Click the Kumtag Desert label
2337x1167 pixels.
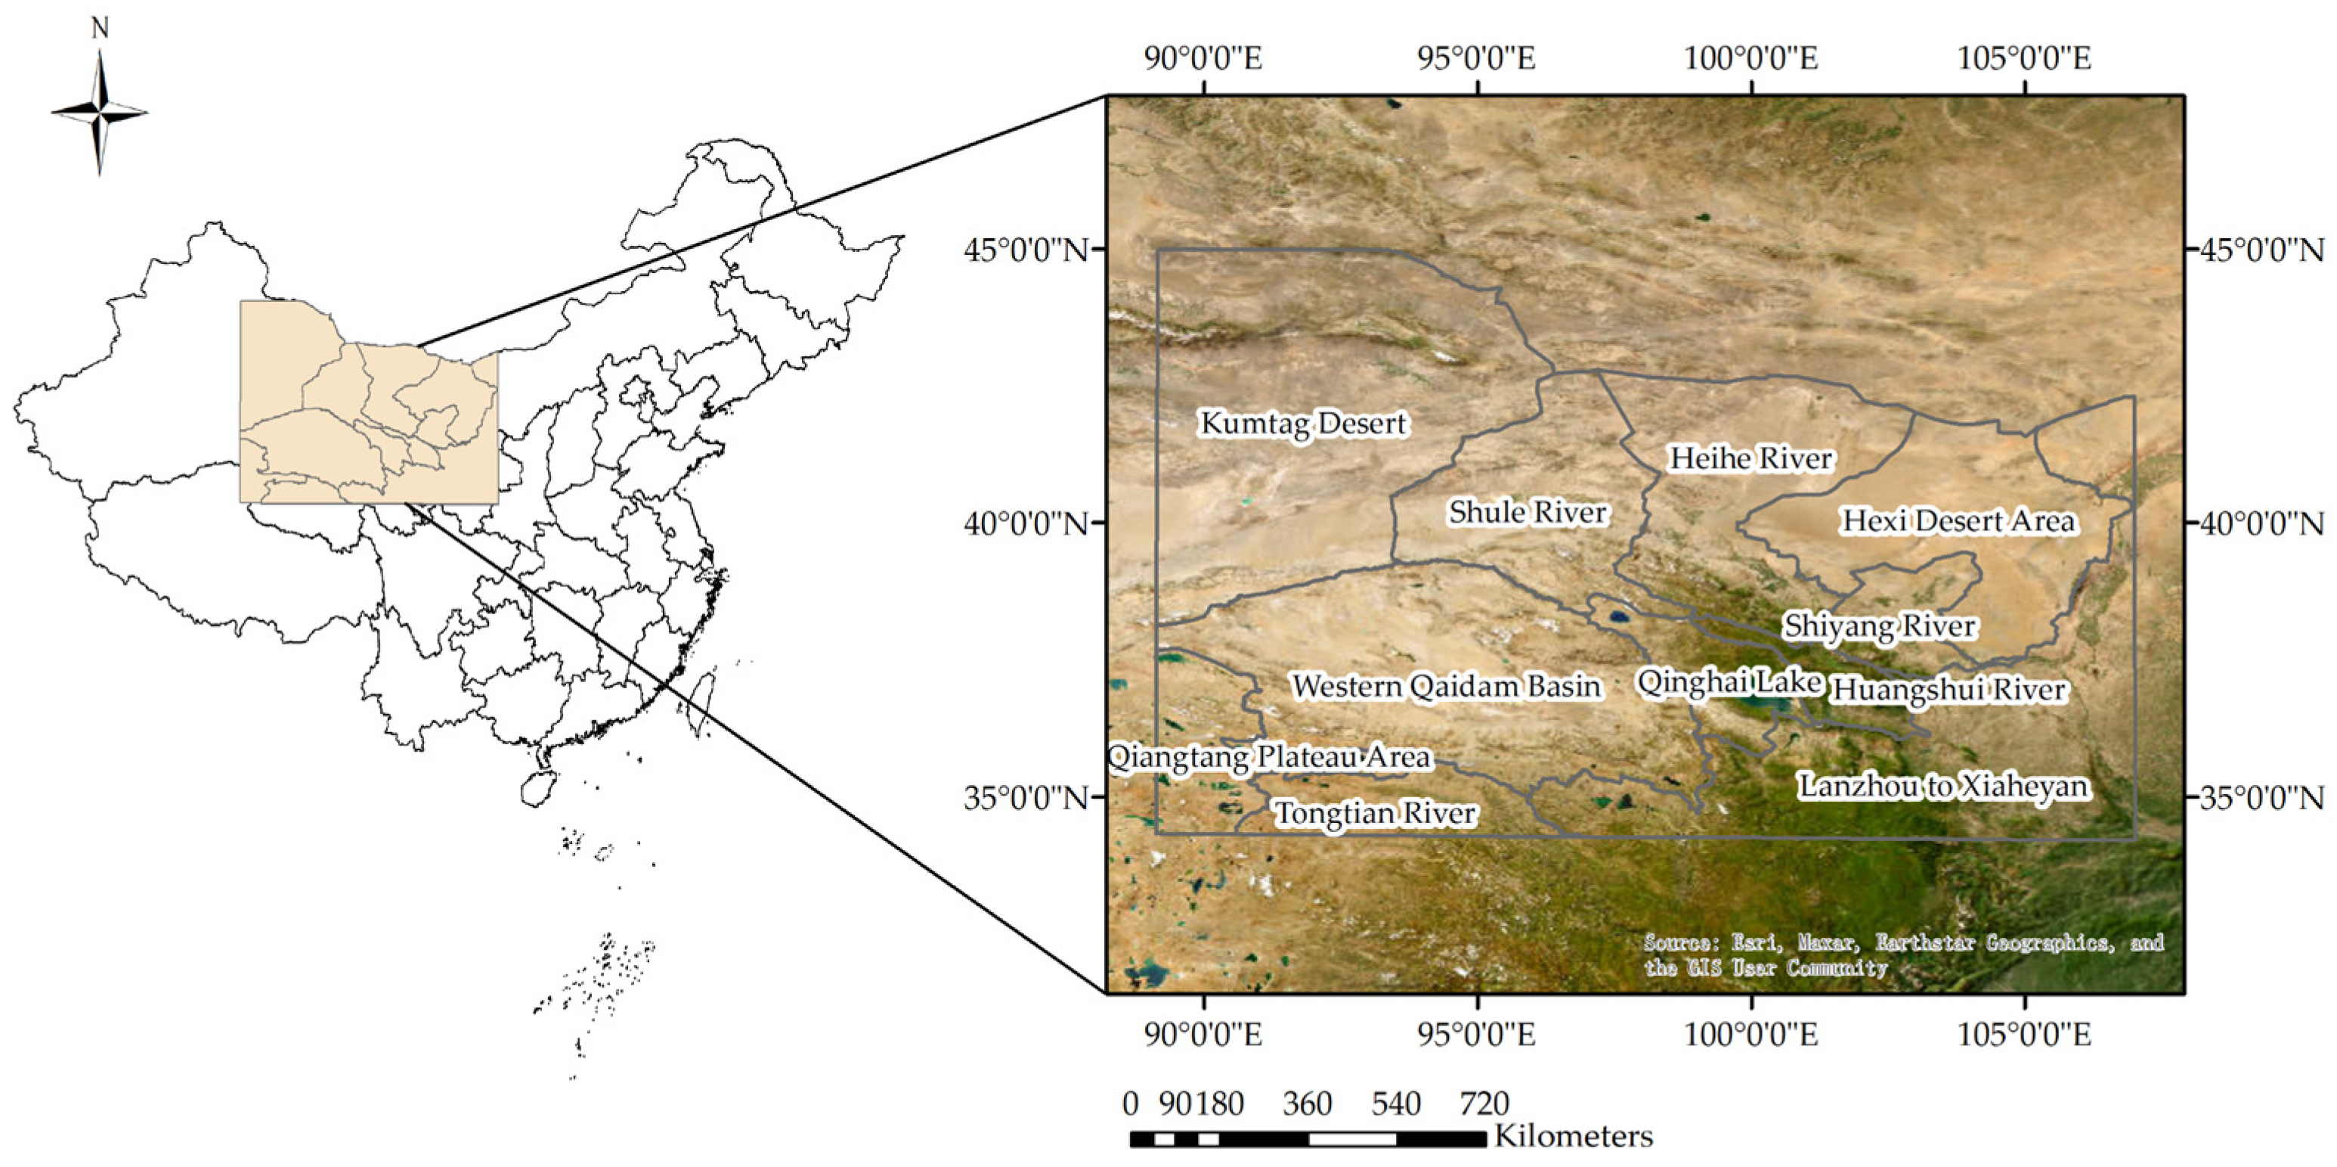(x=1303, y=423)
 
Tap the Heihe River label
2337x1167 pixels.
(x=1751, y=458)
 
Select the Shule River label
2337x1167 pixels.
(x=1528, y=512)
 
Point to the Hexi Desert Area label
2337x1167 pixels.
(x=1958, y=521)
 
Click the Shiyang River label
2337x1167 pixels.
(x=1880, y=626)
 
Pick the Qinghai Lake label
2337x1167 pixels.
(x=1729, y=681)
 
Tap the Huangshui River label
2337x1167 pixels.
(x=1949, y=690)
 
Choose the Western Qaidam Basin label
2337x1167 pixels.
(x=1446, y=686)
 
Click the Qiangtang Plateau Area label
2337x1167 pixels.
(x=1270, y=757)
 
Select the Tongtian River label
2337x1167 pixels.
(x=1376, y=813)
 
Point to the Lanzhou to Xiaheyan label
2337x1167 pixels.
(x=1943, y=786)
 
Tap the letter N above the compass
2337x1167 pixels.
(x=100, y=29)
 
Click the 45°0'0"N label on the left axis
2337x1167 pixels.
(x=1025, y=250)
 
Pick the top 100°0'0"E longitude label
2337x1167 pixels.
(x=1751, y=59)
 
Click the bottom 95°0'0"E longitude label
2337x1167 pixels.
(x=1477, y=1034)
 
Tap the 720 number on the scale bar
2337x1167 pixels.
(x=1484, y=1103)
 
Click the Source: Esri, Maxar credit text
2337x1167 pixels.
(x=1903, y=954)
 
